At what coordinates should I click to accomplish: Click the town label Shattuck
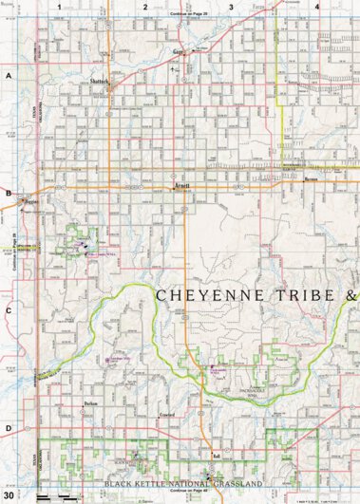[x=101, y=81]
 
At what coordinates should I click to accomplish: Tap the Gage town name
[x=178, y=54]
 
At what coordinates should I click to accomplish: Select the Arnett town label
[x=183, y=186]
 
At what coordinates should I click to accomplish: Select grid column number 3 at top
[x=231, y=7]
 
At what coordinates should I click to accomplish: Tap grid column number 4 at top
[x=316, y=7]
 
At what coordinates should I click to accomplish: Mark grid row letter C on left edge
[x=8, y=309]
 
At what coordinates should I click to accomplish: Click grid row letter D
[x=8, y=427]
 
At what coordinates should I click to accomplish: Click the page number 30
[x=9, y=495]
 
